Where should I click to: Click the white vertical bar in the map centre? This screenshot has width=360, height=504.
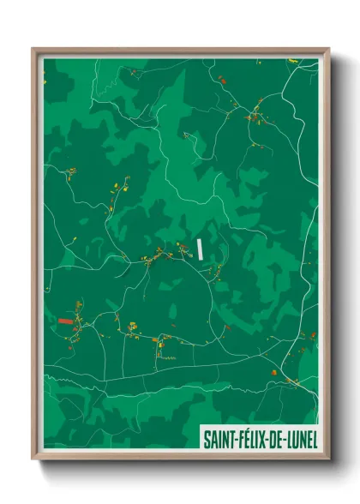click(x=200, y=249)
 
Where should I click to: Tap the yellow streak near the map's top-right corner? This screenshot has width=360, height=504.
click(x=292, y=60)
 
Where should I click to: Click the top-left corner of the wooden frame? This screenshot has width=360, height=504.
click(x=33, y=49)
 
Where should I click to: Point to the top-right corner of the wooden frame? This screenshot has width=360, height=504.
click(x=328, y=49)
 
